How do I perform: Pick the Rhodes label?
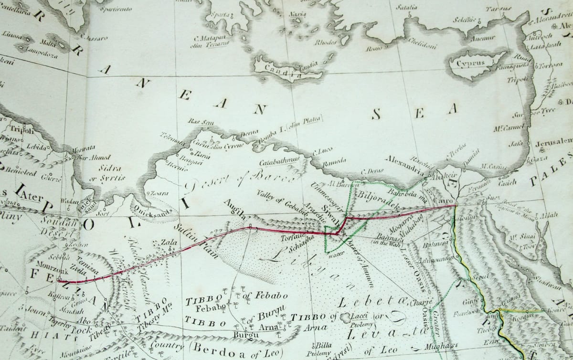pyautogui.click(x=326, y=42)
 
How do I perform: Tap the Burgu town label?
pyautogui.click(x=242, y=335)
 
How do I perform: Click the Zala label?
pyautogui.click(x=166, y=242)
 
